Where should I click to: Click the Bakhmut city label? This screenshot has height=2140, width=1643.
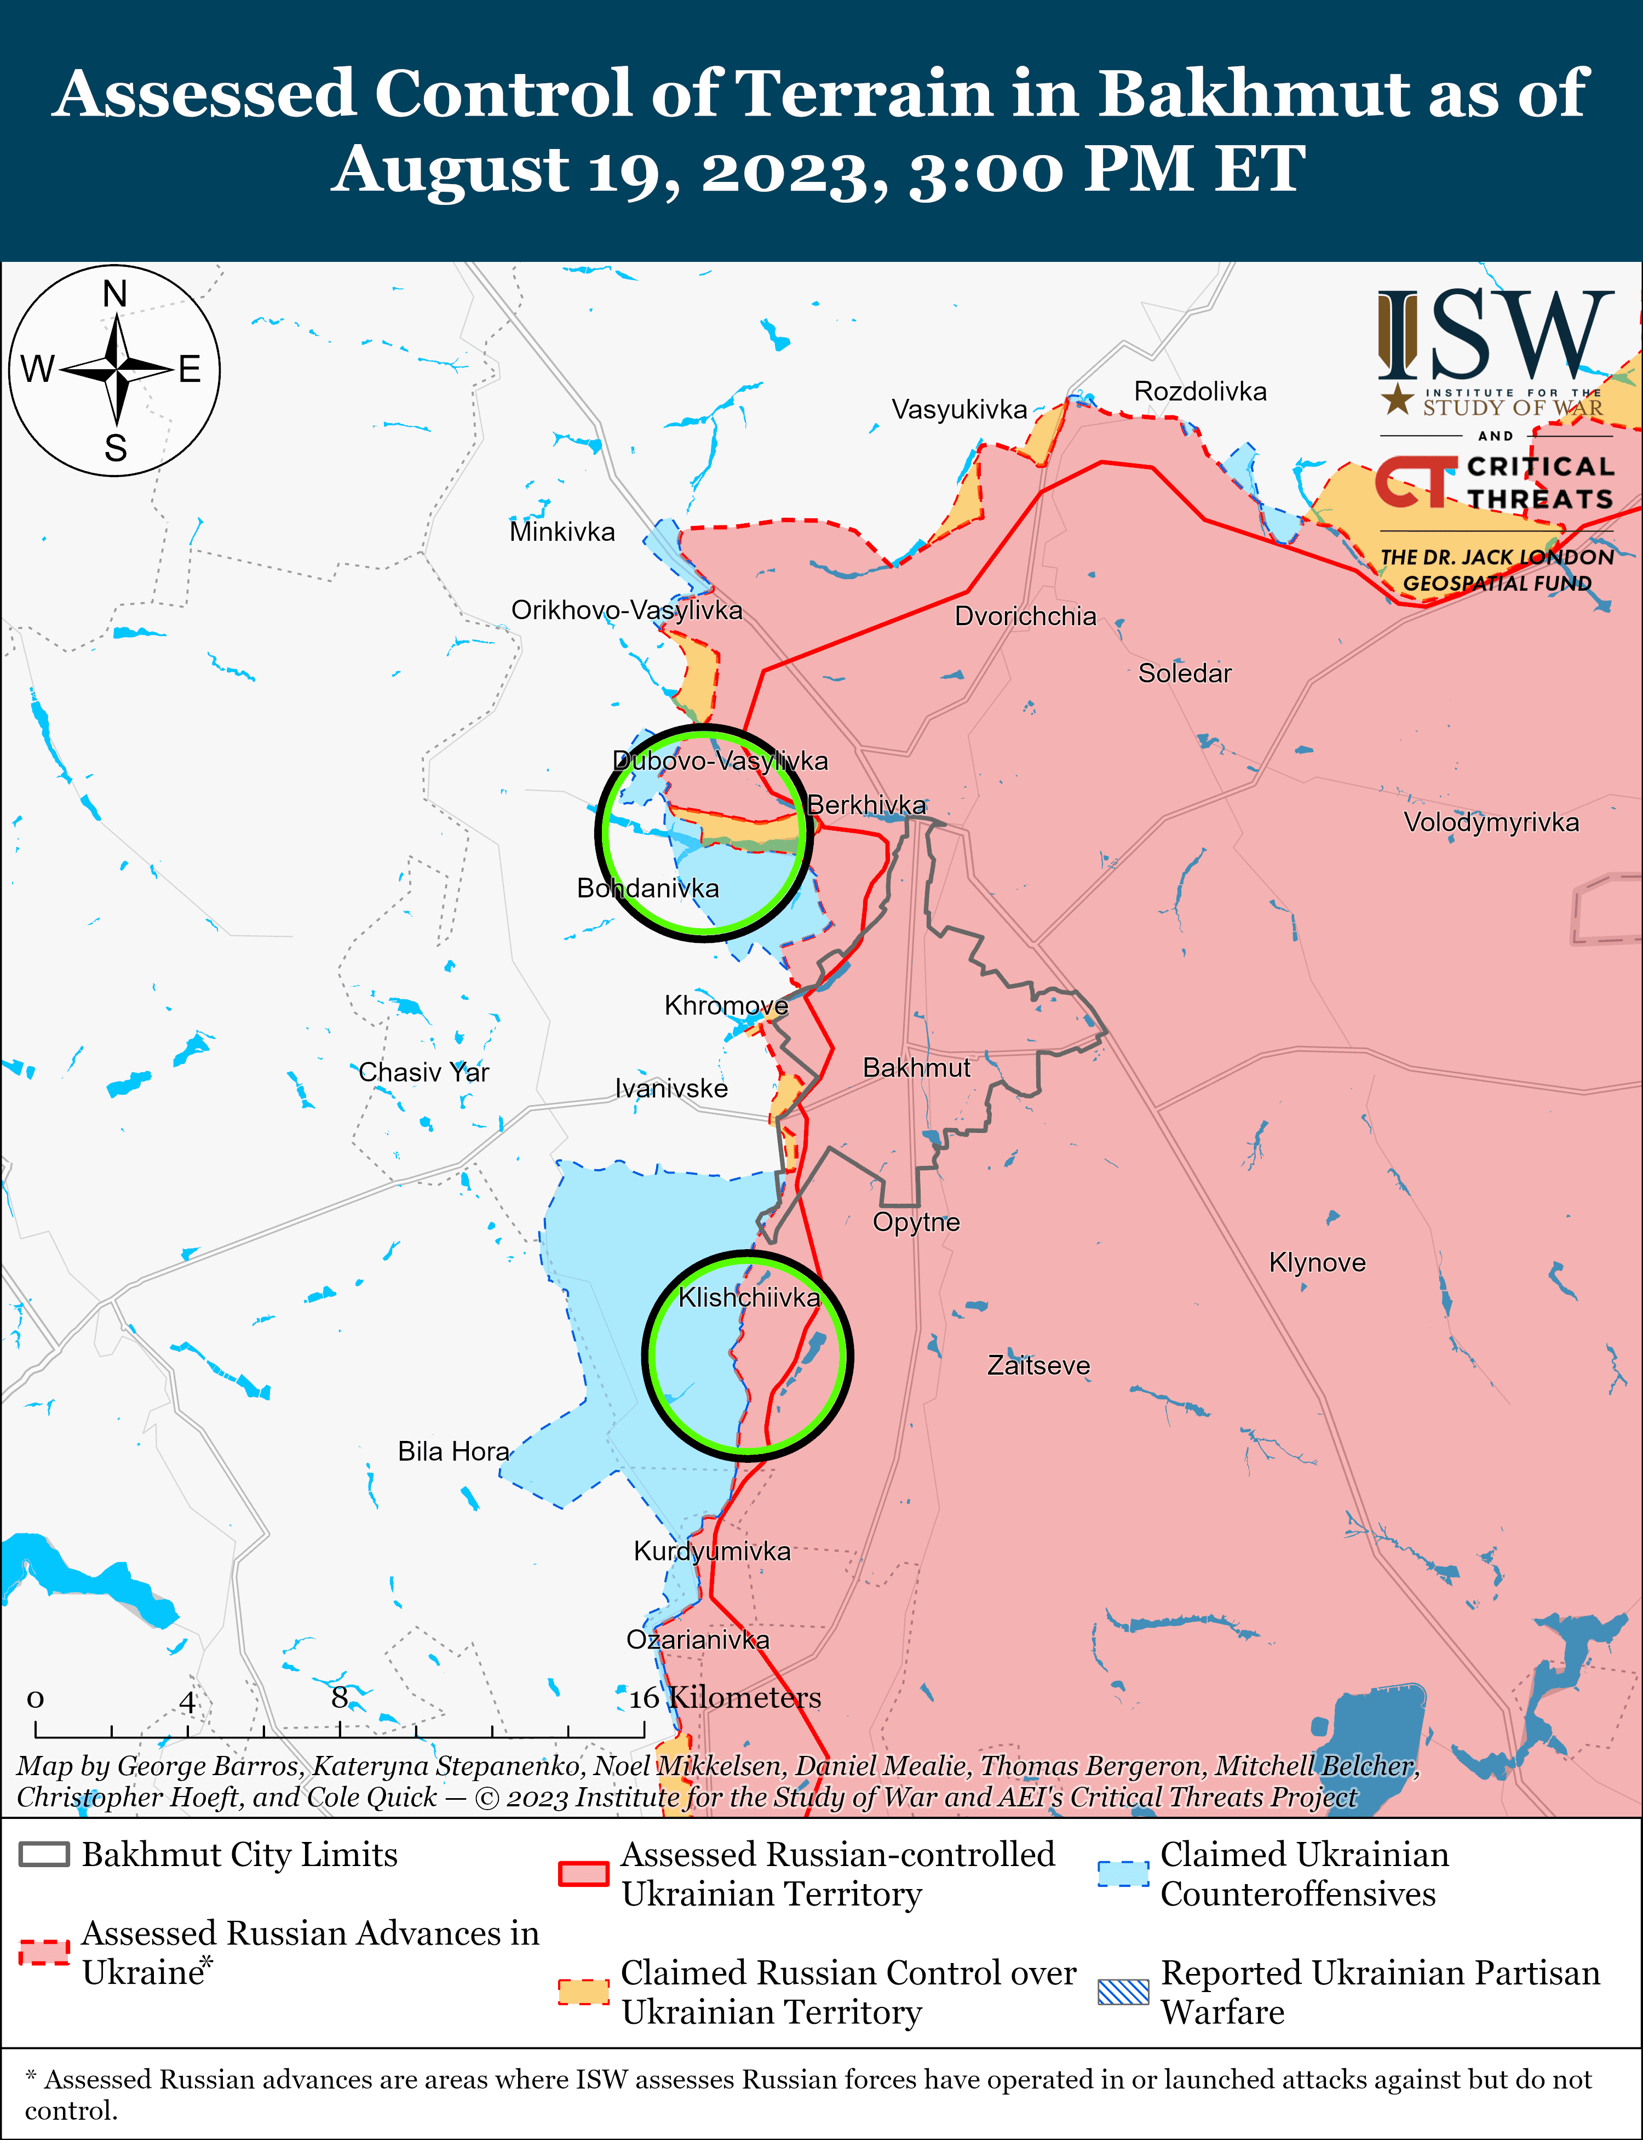click(916, 1068)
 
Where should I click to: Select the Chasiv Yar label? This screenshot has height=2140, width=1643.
click(423, 1072)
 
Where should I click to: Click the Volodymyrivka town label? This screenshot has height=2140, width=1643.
click(1490, 822)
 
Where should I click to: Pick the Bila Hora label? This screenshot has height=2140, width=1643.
click(453, 1451)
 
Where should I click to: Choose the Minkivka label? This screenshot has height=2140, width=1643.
click(562, 532)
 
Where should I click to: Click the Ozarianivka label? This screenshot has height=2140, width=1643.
click(697, 1640)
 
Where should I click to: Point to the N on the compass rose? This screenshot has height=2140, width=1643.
click(116, 294)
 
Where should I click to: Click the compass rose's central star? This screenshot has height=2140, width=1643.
click(116, 370)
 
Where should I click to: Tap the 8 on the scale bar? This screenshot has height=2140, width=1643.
click(340, 1698)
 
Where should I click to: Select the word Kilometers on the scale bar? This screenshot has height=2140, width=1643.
click(745, 1698)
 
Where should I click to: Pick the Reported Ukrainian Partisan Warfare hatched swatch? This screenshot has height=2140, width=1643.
click(1123, 1992)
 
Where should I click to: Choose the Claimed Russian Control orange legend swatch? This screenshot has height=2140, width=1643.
click(583, 1992)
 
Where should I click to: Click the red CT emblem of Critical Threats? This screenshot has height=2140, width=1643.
click(1415, 481)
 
